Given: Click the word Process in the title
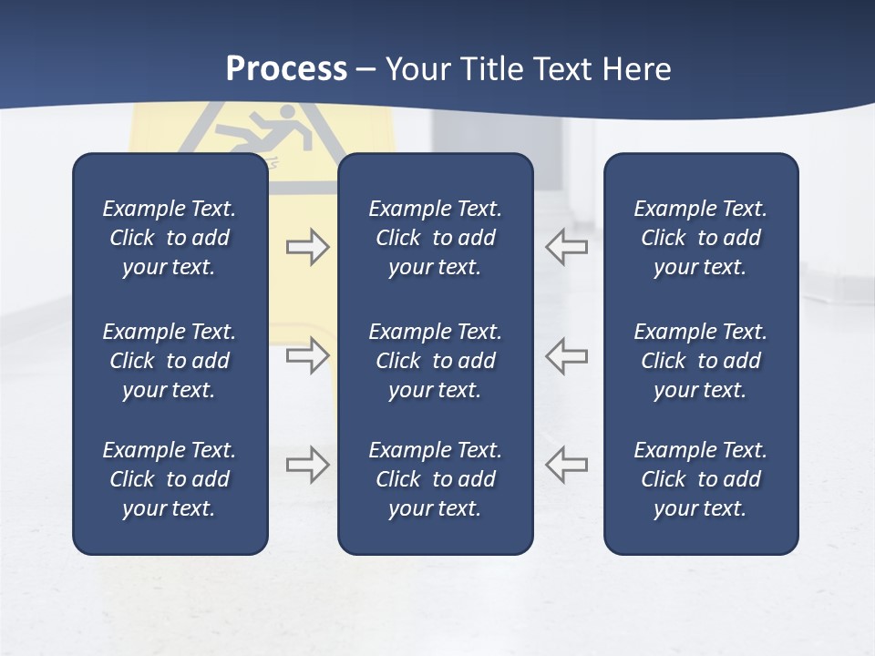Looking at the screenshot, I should [286, 69].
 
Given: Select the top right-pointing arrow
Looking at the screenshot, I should [307, 247].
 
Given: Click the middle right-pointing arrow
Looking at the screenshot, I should [307, 354].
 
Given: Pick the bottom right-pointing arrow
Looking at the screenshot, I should [307, 465].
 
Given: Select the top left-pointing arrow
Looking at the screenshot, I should [566, 247].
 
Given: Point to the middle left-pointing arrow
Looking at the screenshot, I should [566, 354].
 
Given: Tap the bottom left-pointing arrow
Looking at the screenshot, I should [566, 465].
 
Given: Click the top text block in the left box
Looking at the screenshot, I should [170, 238].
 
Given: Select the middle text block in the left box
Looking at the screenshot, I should [170, 361].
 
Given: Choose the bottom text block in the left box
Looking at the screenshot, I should [170, 479].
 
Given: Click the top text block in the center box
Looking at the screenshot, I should [435, 238].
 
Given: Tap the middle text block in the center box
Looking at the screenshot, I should [435, 361].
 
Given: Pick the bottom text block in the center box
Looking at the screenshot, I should [435, 479].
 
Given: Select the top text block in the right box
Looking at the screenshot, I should [700, 238].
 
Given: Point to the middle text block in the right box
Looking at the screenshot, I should [700, 361].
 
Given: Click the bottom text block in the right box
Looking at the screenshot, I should [700, 479].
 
